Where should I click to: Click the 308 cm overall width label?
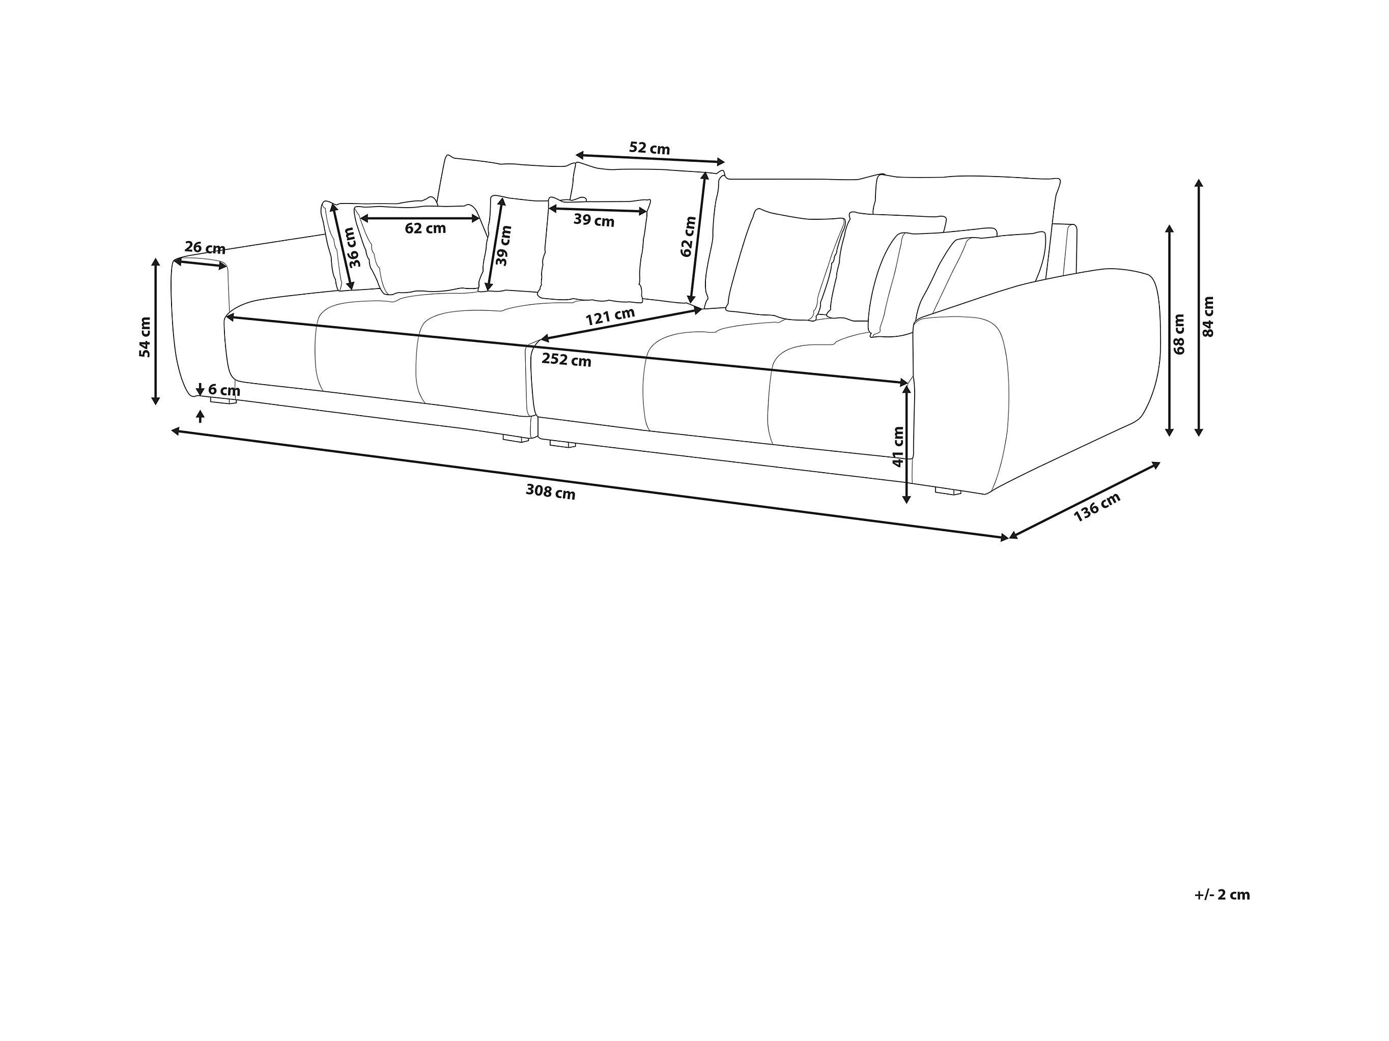tap(550, 492)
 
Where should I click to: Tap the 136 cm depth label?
tap(1096, 507)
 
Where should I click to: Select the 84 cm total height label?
tap(1208, 316)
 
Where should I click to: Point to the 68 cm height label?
tap(1179, 334)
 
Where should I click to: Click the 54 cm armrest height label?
tap(145, 337)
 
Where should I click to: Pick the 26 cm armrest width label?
tap(205, 248)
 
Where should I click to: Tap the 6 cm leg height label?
tap(224, 391)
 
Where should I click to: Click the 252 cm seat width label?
tap(566, 360)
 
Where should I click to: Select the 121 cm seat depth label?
tap(610, 316)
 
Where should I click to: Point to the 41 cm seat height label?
tap(898, 446)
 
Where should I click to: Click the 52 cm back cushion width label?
tap(649, 149)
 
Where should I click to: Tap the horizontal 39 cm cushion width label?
tap(593, 220)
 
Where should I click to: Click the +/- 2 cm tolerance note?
tap(1222, 894)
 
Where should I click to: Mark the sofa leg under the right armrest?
tap(948, 491)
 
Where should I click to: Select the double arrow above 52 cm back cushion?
tap(650, 159)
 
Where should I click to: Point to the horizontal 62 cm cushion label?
tap(425, 228)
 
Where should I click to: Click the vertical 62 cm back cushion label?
tap(688, 236)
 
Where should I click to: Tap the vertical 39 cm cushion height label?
tap(503, 246)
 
